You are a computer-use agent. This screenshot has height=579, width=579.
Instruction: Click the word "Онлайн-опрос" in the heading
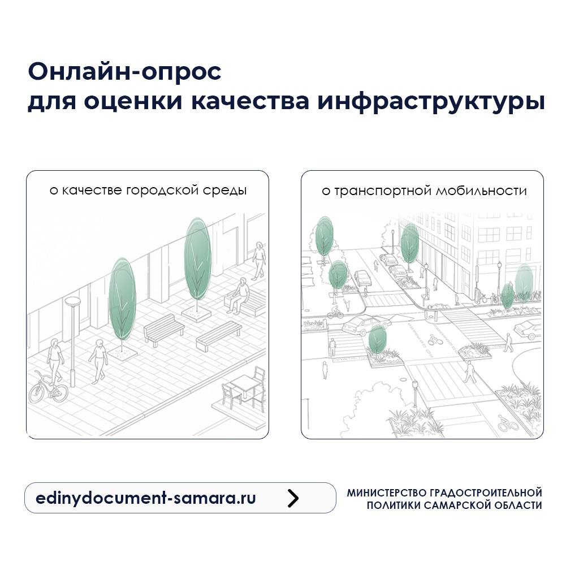click(x=124, y=72)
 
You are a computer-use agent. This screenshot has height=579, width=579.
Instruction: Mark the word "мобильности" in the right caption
click(x=481, y=191)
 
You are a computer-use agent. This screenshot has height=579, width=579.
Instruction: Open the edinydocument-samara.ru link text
click(x=145, y=498)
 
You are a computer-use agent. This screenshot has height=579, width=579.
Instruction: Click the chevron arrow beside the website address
click(x=292, y=498)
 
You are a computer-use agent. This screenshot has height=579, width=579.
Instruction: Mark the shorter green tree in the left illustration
click(x=122, y=300)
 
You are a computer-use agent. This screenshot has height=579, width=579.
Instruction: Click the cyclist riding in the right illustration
click(x=335, y=312)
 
